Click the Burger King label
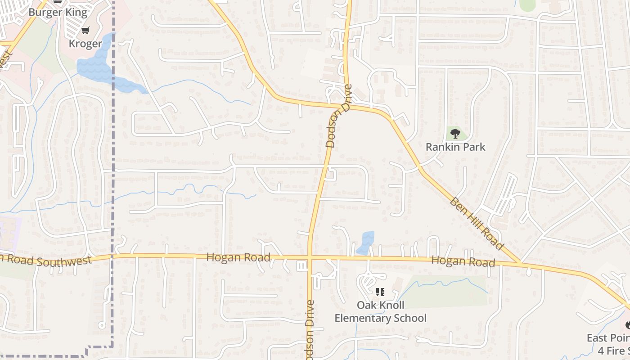pyautogui.click(x=58, y=12)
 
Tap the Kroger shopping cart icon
pyautogui.click(x=85, y=31)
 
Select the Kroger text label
pyautogui.click(x=85, y=44)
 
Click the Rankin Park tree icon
pyautogui.click(x=455, y=133)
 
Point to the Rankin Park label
pyautogui.click(x=455, y=147)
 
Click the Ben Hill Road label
pyautogui.click(x=476, y=223)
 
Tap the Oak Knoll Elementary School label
pyautogui.click(x=380, y=311)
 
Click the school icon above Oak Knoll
pyautogui.click(x=380, y=292)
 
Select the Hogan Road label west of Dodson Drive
pyautogui.click(x=238, y=257)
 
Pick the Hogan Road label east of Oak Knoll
pyautogui.click(x=463, y=261)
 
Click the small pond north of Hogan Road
pyautogui.click(x=366, y=242)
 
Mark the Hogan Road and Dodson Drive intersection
pyautogui.click(x=310, y=258)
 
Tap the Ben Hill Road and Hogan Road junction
pyautogui.click(x=520, y=262)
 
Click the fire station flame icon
pyautogui.click(x=627, y=324)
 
